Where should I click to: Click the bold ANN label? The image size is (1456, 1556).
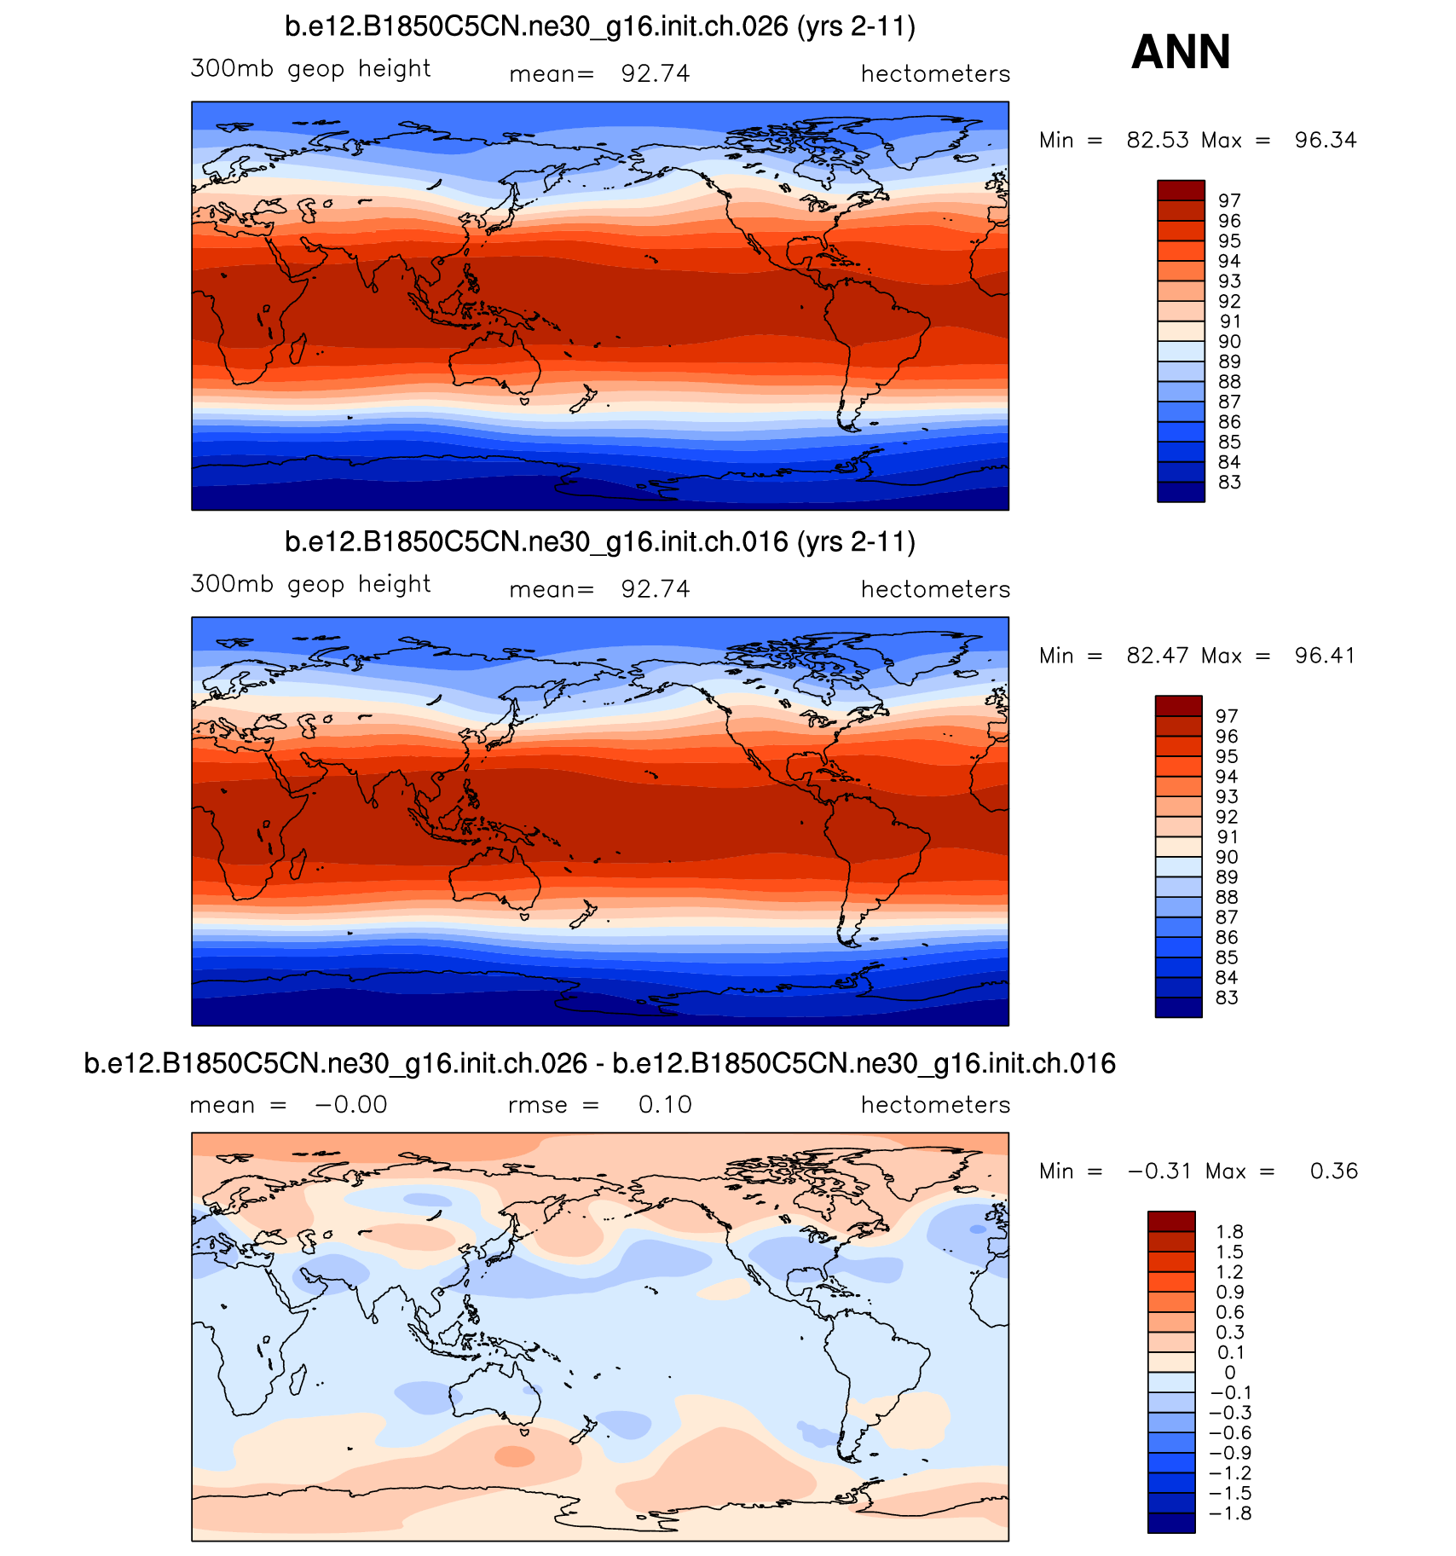[x=1181, y=53]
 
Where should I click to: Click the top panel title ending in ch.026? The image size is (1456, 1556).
[x=599, y=27]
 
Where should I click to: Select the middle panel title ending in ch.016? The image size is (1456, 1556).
[x=599, y=542]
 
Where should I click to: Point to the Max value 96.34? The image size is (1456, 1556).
[x=1325, y=141]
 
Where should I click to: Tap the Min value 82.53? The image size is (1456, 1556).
[x=1157, y=141]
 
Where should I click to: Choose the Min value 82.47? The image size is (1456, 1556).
[x=1157, y=657]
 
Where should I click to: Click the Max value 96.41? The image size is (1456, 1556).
[x=1325, y=657]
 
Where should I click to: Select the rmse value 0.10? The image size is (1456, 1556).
[x=665, y=1105]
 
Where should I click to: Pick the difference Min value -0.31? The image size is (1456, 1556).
[x=1159, y=1171]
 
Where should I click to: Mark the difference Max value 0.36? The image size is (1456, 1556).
[x=1333, y=1171]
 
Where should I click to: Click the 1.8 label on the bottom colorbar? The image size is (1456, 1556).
[x=1229, y=1232]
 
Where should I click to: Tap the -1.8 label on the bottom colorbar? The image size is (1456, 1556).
[x=1226, y=1513]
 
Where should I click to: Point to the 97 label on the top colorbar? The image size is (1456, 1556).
[x=1229, y=201]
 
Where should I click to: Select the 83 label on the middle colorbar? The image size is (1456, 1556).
[x=1227, y=998]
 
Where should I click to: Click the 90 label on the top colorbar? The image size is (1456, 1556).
[x=1229, y=342]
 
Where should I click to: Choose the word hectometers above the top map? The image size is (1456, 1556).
[x=935, y=75]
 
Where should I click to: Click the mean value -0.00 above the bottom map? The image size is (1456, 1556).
[x=351, y=1105]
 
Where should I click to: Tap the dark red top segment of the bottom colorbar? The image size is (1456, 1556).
[x=1171, y=1221]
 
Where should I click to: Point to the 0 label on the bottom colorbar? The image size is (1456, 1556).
[x=1229, y=1373]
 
